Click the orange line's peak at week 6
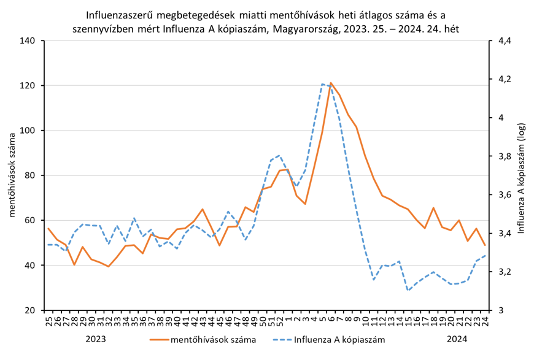pos(331,83)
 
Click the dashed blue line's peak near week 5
pos(322,84)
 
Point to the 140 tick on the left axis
pos(29,41)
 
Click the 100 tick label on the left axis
pos(29,131)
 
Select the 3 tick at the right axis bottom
pos(500,310)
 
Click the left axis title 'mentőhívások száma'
pos(12,175)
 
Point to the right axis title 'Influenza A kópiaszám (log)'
pos(522,175)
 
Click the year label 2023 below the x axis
pos(96,339)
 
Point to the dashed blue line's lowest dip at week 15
pos(408,290)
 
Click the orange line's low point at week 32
pos(109,266)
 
